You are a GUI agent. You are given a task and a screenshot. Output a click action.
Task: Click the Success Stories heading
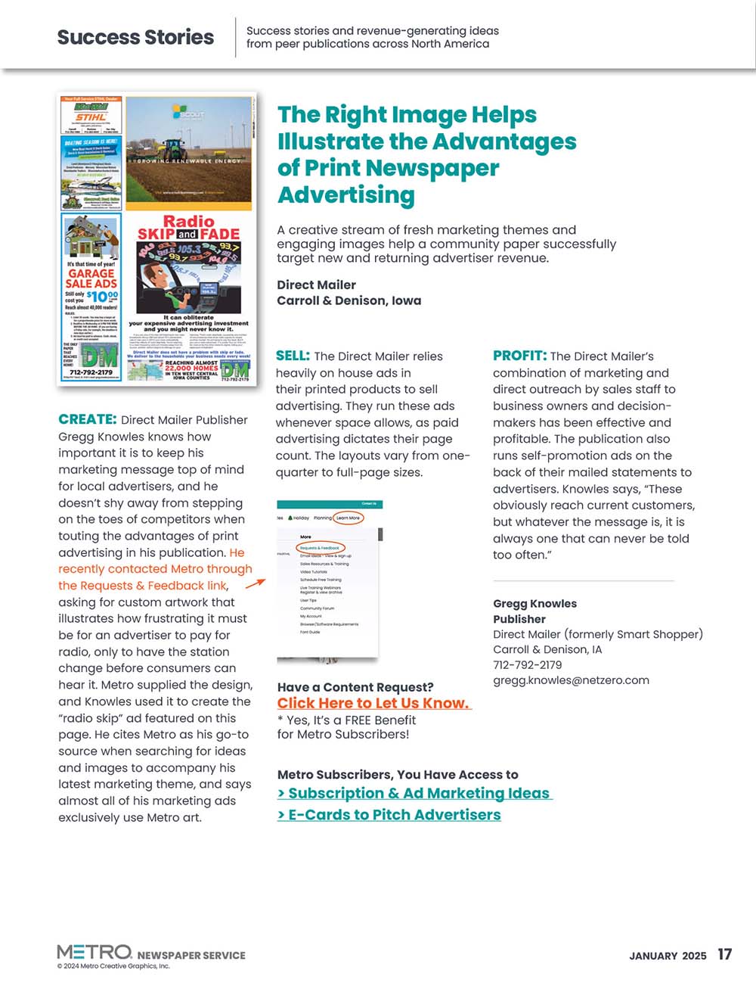pos(135,37)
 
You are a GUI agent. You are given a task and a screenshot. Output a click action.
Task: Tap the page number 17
pos(724,954)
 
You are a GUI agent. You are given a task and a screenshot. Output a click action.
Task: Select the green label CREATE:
pos(87,419)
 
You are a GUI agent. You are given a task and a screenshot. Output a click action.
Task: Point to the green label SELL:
pos(293,356)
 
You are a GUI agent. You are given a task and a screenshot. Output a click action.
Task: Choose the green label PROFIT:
pos(519,356)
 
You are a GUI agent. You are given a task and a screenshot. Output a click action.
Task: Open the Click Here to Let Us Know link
pos(373,703)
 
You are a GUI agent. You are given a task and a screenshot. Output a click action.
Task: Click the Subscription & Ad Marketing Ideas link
pos(414,793)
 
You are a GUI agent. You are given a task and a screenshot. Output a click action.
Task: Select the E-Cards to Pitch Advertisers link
pos(389,815)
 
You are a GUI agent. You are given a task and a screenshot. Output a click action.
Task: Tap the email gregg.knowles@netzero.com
pos(571,680)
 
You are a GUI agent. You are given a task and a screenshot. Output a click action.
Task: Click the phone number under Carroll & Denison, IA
pos(527,664)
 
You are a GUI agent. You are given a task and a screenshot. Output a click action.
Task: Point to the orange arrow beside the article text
pos(256,583)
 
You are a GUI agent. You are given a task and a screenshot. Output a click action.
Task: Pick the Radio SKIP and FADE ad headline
pos(188,228)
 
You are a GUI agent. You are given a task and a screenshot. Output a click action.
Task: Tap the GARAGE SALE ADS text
pos(91,278)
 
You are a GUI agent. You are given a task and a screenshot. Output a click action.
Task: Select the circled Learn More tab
pos(349,518)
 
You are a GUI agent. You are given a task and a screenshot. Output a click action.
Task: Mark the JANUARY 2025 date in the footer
pos(668,956)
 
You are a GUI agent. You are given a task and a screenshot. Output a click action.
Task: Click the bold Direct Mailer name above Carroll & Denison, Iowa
pos(316,285)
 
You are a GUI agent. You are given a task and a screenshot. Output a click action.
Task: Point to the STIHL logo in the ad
pos(90,117)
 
